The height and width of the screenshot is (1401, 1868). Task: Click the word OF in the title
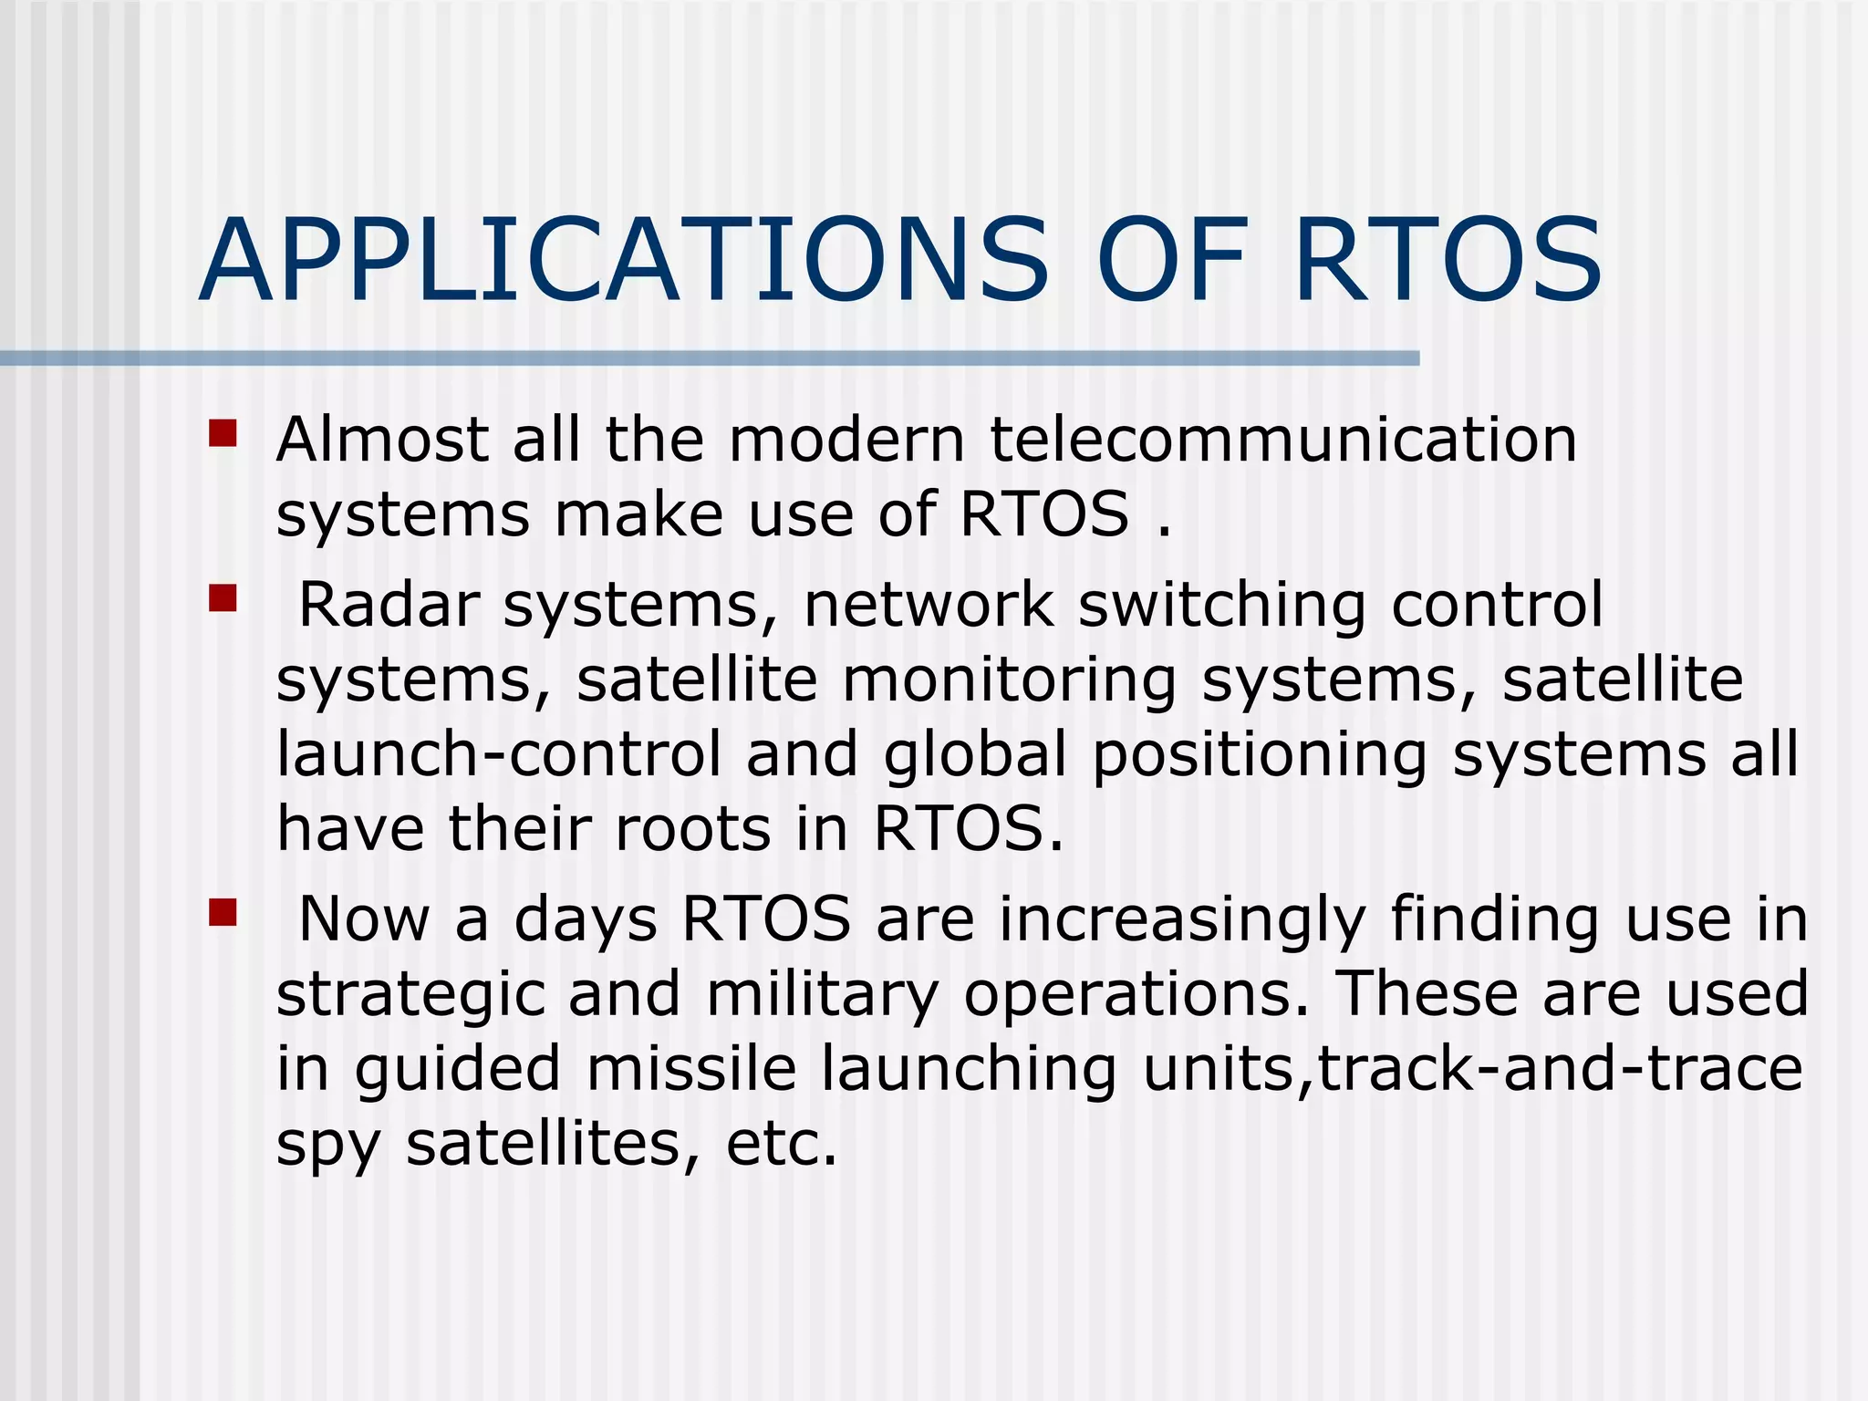1171,262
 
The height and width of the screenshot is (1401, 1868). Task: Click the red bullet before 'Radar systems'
223,598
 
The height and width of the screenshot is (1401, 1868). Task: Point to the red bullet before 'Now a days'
223,912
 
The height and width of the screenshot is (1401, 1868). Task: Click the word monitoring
1009,682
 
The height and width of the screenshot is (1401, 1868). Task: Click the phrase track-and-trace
1561,1069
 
